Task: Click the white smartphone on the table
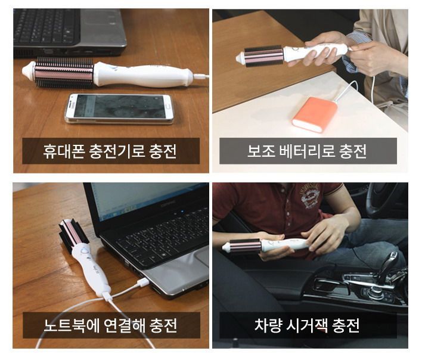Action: [x=119, y=108]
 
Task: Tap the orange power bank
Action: [x=315, y=115]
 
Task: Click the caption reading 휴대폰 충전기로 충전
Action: [x=110, y=151]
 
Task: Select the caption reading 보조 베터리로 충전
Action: [x=307, y=151]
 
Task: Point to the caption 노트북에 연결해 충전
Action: [x=110, y=325]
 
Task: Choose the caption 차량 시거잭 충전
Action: [x=307, y=325]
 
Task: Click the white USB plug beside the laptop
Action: [x=143, y=283]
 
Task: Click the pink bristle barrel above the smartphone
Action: [x=64, y=72]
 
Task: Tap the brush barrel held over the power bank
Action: [x=263, y=56]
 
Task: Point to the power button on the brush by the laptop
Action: [x=85, y=252]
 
